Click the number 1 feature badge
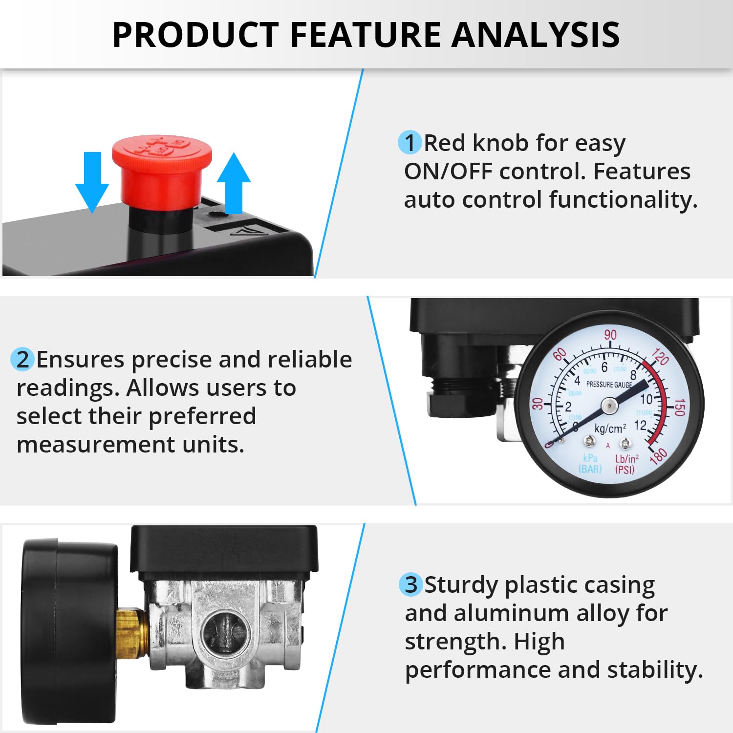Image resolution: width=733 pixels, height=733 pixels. pos(410,143)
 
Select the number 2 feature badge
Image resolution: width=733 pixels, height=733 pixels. pos(22,360)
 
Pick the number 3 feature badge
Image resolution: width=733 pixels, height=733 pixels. pos(411,584)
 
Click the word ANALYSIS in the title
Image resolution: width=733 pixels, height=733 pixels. pos(536,35)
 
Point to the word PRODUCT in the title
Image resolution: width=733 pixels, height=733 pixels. pos(195,35)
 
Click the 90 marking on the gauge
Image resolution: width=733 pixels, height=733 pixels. pos(610,335)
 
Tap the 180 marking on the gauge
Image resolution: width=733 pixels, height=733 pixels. pos(658,455)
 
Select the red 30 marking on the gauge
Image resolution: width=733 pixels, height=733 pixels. pos(538,404)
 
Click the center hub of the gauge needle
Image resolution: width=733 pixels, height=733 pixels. pos(609,405)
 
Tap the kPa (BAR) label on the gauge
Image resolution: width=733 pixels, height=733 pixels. pos(590,464)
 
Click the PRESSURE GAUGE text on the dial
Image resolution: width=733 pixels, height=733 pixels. pos(609,385)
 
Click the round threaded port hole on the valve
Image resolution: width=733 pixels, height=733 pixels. pos(225,635)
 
